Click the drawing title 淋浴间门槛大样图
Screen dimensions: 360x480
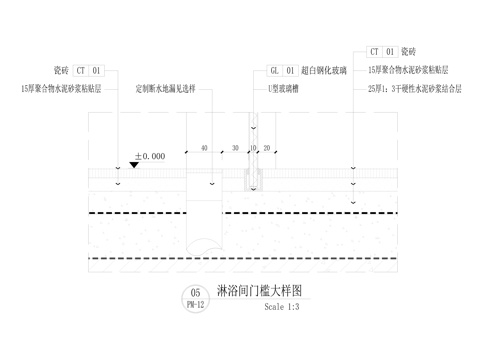click(x=260, y=291)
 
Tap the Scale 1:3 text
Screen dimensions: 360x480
click(x=282, y=307)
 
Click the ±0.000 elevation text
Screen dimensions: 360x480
click(x=150, y=157)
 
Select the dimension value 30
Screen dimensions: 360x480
click(x=236, y=148)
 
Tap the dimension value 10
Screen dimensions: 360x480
click(x=254, y=148)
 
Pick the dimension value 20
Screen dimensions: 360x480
click(x=267, y=148)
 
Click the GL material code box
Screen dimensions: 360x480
click(x=275, y=71)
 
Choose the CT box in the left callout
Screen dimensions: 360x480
click(x=82, y=71)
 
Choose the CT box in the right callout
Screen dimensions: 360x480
click(x=375, y=50)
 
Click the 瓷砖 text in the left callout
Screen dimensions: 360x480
click(x=59, y=71)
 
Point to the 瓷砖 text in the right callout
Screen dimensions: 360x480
click(x=408, y=50)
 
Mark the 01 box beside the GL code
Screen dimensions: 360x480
click(x=291, y=71)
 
